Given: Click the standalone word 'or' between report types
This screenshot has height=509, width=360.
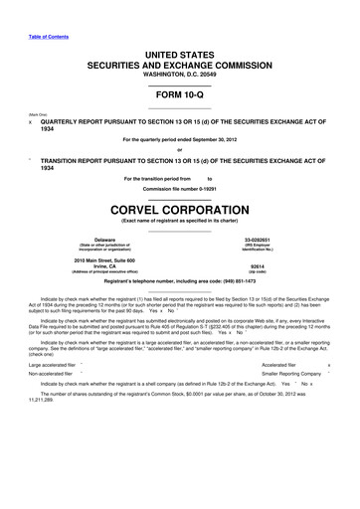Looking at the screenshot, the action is point(180,150).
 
